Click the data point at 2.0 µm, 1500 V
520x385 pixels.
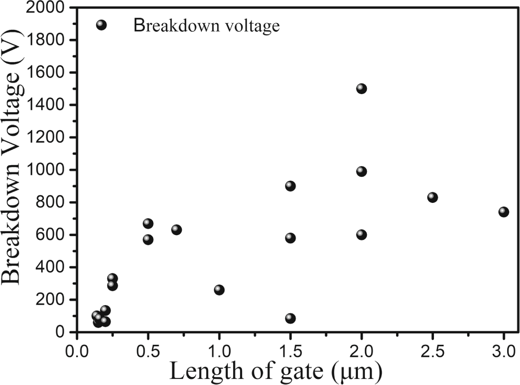[x=362, y=88]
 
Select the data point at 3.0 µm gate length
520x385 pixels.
[x=503, y=211]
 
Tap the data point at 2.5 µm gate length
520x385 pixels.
[x=433, y=197]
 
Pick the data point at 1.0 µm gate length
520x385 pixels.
[x=219, y=289]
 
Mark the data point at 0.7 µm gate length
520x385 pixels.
[x=176, y=230]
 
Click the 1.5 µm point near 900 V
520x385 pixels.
[x=290, y=186]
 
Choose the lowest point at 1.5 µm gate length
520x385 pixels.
[x=290, y=318]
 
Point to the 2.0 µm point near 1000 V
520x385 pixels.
[x=362, y=171]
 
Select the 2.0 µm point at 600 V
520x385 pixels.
[x=362, y=235]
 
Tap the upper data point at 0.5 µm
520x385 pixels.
[x=148, y=223]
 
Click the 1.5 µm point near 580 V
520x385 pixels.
[x=290, y=238]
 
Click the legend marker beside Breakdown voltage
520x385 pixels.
[x=101, y=25]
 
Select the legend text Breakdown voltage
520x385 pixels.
[x=207, y=26]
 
